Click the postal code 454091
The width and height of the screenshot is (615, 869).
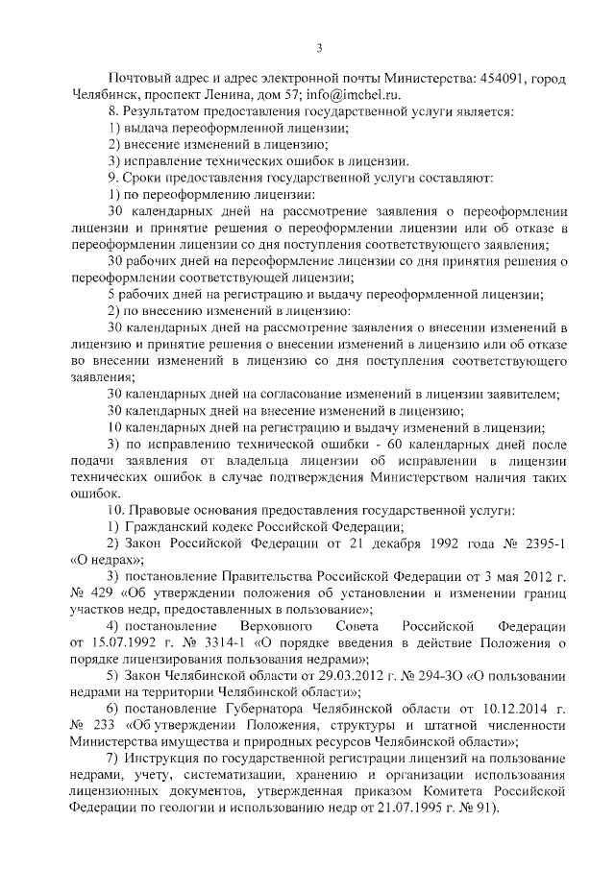[496, 77]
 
